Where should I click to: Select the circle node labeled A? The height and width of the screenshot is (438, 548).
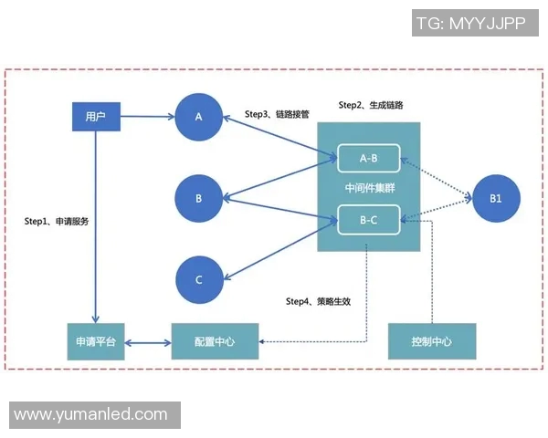tap(198, 117)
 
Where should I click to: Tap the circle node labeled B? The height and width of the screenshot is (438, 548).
tap(198, 198)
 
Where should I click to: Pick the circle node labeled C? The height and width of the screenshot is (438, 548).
tap(198, 280)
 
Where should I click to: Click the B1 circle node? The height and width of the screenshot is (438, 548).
tap(495, 198)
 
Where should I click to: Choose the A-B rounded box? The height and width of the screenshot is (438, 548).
tap(369, 159)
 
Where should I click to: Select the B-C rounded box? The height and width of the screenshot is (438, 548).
tap(369, 220)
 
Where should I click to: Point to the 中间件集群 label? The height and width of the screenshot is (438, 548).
tap(369, 189)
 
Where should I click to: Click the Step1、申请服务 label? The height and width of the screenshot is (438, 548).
tap(57, 222)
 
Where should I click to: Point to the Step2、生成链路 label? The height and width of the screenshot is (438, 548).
tap(371, 106)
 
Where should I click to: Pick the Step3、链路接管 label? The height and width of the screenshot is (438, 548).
tap(278, 115)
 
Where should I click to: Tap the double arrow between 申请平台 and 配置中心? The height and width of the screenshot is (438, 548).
tap(147, 343)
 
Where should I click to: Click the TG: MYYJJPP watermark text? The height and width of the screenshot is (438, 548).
tap(470, 24)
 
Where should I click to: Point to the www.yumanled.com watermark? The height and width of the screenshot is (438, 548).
tap(91, 414)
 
